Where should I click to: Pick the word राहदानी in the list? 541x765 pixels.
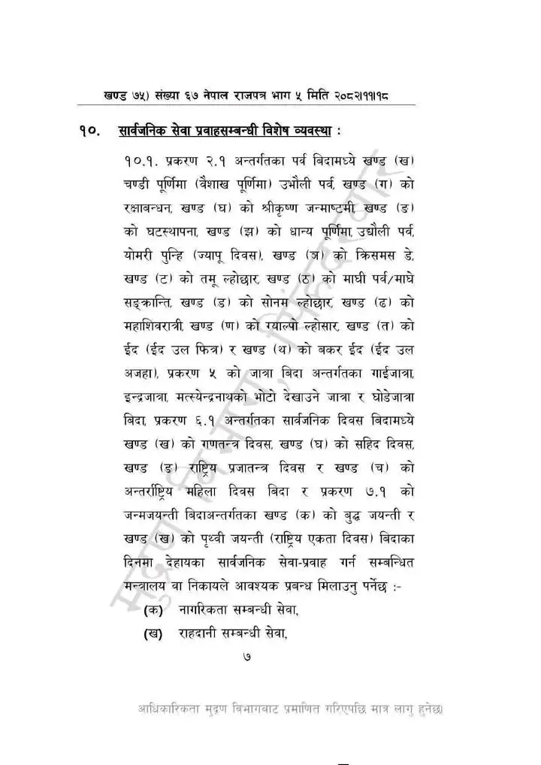pyautogui.click(x=202, y=633)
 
